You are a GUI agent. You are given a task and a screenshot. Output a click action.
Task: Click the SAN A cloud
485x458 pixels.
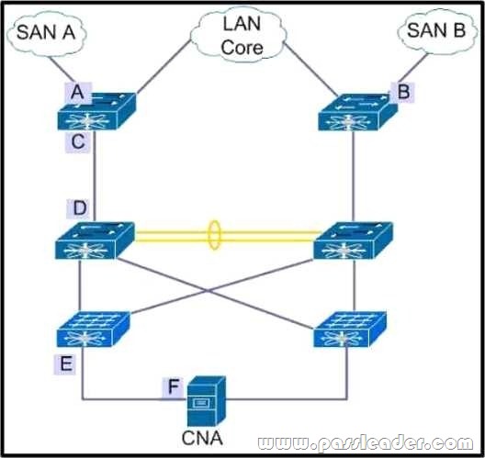coord(47,33)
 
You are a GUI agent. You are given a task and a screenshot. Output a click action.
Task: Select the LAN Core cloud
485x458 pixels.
coord(237,35)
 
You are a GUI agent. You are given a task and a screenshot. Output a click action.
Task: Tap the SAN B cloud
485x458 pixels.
coord(436,32)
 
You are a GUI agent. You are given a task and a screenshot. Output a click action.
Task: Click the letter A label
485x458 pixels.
coord(78,93)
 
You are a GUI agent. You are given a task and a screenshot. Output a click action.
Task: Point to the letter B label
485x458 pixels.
coord(403,92)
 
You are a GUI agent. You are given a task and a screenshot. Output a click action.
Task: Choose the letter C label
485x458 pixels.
coord(78,142)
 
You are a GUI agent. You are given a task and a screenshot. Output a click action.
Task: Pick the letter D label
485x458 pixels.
coord(80,207)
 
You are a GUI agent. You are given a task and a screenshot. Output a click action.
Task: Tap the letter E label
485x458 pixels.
coord(65,363)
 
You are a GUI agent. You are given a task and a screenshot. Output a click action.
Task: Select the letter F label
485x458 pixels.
coord(174,386)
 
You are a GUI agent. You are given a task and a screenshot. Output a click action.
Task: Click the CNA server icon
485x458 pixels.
coord(207,401)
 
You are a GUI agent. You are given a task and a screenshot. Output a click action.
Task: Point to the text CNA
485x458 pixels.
coord(202,438)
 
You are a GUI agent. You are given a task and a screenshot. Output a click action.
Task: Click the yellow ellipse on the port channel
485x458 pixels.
coord(214,235)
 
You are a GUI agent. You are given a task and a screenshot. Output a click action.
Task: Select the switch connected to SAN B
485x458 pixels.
coord(358,113)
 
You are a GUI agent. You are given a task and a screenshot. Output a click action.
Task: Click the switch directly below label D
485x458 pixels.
coord(95,240)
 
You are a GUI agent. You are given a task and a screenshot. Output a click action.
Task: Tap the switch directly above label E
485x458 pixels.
coord(93,330)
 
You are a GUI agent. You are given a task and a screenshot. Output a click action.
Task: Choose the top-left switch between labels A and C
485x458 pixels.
coord(96,111)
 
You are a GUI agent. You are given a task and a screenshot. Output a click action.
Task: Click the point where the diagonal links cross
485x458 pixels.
coord(209,291)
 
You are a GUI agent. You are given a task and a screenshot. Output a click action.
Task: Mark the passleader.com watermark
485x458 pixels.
coord(366,443)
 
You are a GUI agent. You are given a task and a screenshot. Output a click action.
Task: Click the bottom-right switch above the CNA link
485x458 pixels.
coord(350,330)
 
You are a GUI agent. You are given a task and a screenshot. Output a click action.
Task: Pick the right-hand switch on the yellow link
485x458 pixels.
coord(354,240)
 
